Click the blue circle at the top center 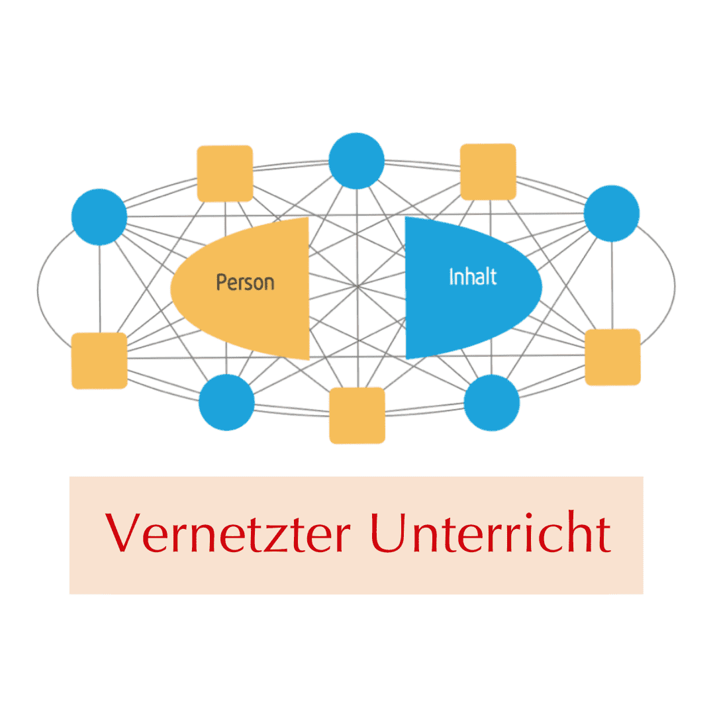point(357,161)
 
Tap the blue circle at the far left point(99,217)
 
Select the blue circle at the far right point(612,213)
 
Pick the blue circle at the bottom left point(226,403)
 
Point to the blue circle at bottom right point(491,403)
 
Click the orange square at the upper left point(225,173)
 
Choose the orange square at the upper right point(488,172)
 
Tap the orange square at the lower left point(99,361)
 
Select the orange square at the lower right point(612,357)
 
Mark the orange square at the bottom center point(357,415)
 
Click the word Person point(246,283)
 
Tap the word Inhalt point(473,277)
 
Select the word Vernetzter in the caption point(228,532)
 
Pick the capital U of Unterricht point(389,533)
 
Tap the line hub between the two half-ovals point(358,287)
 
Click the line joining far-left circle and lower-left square point(100,289)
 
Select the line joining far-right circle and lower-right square point(612,285)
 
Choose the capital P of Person point(221,282)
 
